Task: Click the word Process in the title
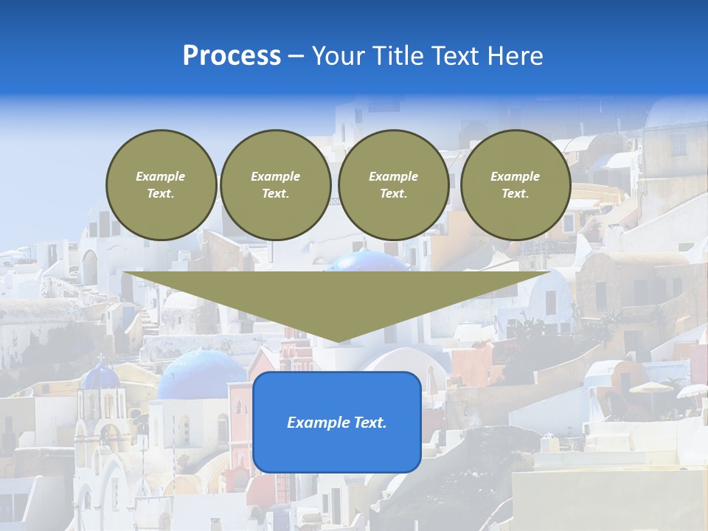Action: [x=232, y=56]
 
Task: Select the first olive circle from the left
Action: [x=161, y=185]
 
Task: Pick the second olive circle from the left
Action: [x=276, y=185]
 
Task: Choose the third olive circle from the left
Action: [x=393, y=185]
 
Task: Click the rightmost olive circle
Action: [x=515, y=185]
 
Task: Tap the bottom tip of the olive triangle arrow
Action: [x=337, y=340]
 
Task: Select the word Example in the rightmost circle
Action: [x=515, y=176]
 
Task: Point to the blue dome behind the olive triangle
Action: [x=367, y=261]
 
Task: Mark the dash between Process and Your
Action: [x=296, y=57]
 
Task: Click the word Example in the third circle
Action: [x=393, y=176]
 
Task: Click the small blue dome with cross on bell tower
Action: [x=100, y=377]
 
